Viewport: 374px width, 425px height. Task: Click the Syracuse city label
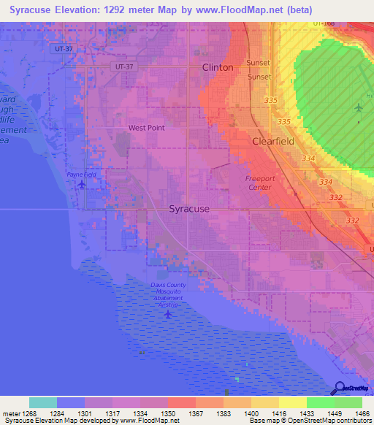click(189, 209)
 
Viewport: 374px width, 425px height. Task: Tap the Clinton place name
click(218, 67)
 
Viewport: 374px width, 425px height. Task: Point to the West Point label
click(147, 127)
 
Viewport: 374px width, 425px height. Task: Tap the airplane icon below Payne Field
click(81, 183)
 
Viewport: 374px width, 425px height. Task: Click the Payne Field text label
click(81, 175)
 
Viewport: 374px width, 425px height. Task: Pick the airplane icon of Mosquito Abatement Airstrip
click(169, 314)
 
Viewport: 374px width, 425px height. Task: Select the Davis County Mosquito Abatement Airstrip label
click(169, 295)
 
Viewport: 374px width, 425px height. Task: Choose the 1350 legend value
click(168, 413)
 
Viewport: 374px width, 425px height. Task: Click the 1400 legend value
click(251, 413)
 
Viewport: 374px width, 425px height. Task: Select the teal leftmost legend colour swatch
click(43, 402)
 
